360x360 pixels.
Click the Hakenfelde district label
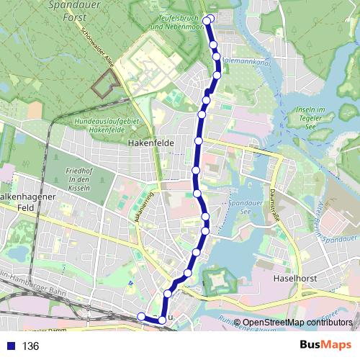pos(147,143)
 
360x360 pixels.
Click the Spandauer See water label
pos(246,208)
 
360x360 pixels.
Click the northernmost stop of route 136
pos(207,20)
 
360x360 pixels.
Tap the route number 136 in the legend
pos(30,346)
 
